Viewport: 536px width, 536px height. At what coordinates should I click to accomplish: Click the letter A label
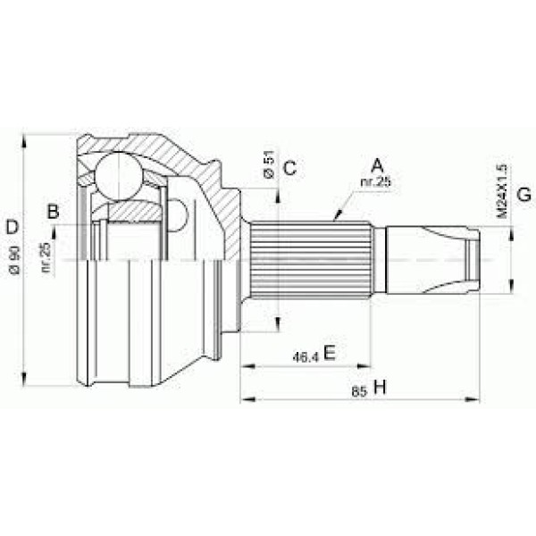pos(377,165)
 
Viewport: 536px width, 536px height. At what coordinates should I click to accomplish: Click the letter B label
pos(53,212)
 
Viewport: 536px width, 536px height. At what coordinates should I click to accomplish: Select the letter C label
pos(289,167)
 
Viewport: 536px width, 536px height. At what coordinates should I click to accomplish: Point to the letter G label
pos(524,194)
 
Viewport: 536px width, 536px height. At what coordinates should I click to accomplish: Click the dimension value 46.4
pos(306,356)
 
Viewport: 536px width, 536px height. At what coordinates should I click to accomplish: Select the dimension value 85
pos(357,389)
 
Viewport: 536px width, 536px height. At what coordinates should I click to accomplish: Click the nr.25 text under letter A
pos(376,182)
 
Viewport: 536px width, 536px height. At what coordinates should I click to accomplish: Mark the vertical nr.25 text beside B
pos(46,257)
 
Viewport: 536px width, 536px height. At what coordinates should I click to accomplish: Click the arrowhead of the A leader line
pos(336,217)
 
